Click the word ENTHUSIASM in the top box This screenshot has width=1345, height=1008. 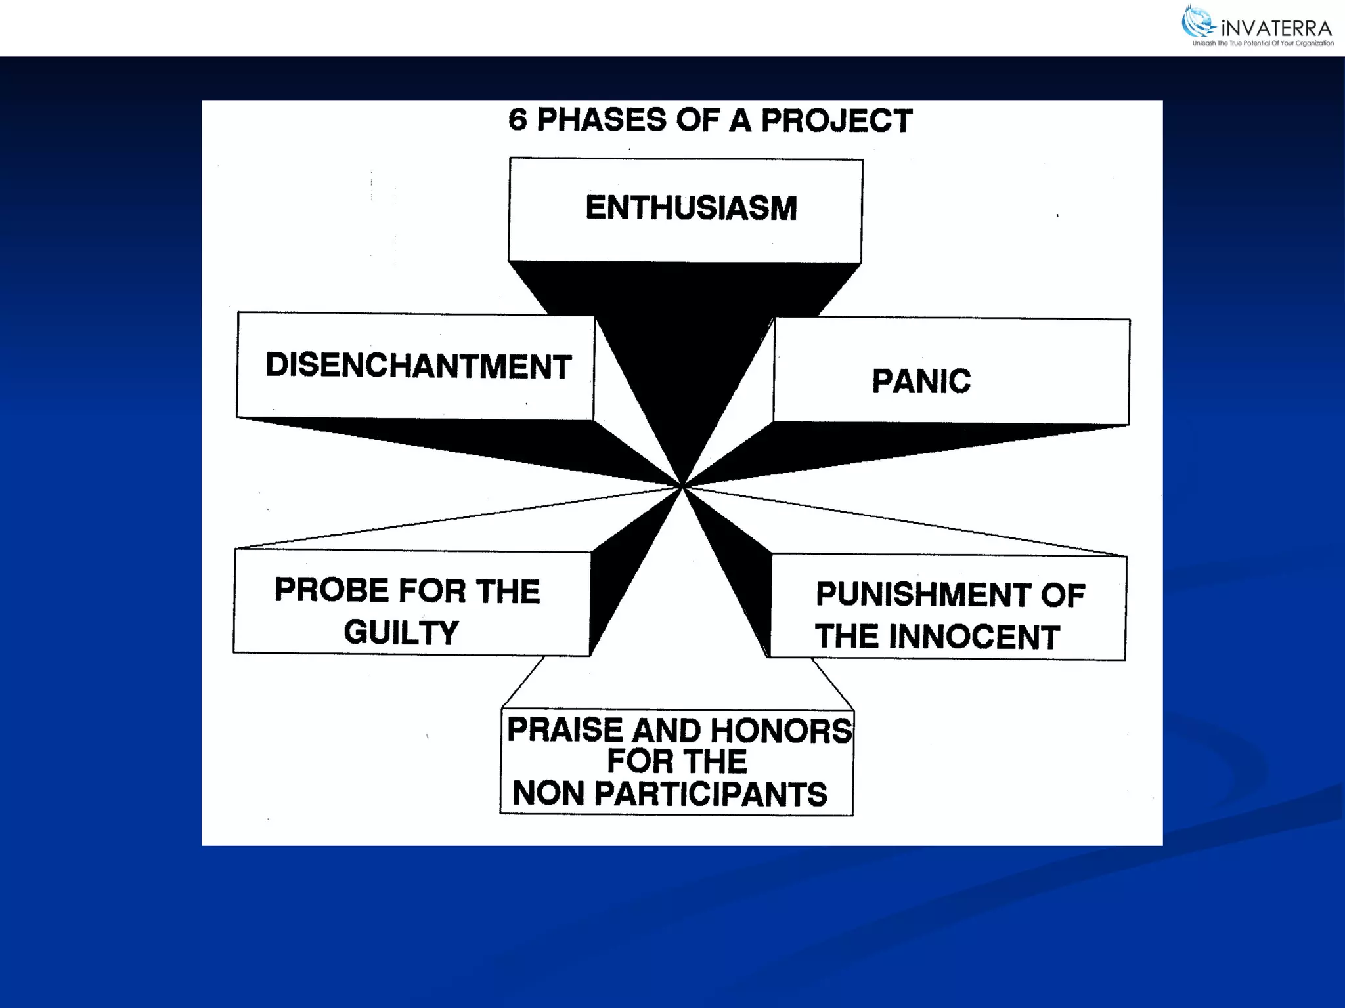(691, 208)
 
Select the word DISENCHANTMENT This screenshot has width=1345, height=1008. (418, 366)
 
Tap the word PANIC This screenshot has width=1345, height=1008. (921, 381)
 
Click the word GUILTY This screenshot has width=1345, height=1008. (401, 633)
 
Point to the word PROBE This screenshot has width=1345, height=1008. (332, 590)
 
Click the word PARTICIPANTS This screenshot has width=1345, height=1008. (711, 793)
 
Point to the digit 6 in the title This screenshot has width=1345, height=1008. (518, 120)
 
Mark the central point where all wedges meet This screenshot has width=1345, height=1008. (682, 486)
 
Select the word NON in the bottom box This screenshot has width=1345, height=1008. (548, 793)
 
